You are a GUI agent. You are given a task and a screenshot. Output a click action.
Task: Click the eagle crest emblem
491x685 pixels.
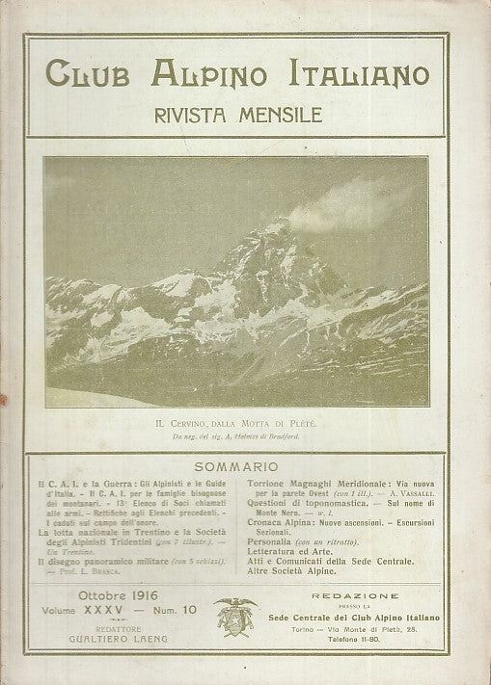[x=233, y=614]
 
